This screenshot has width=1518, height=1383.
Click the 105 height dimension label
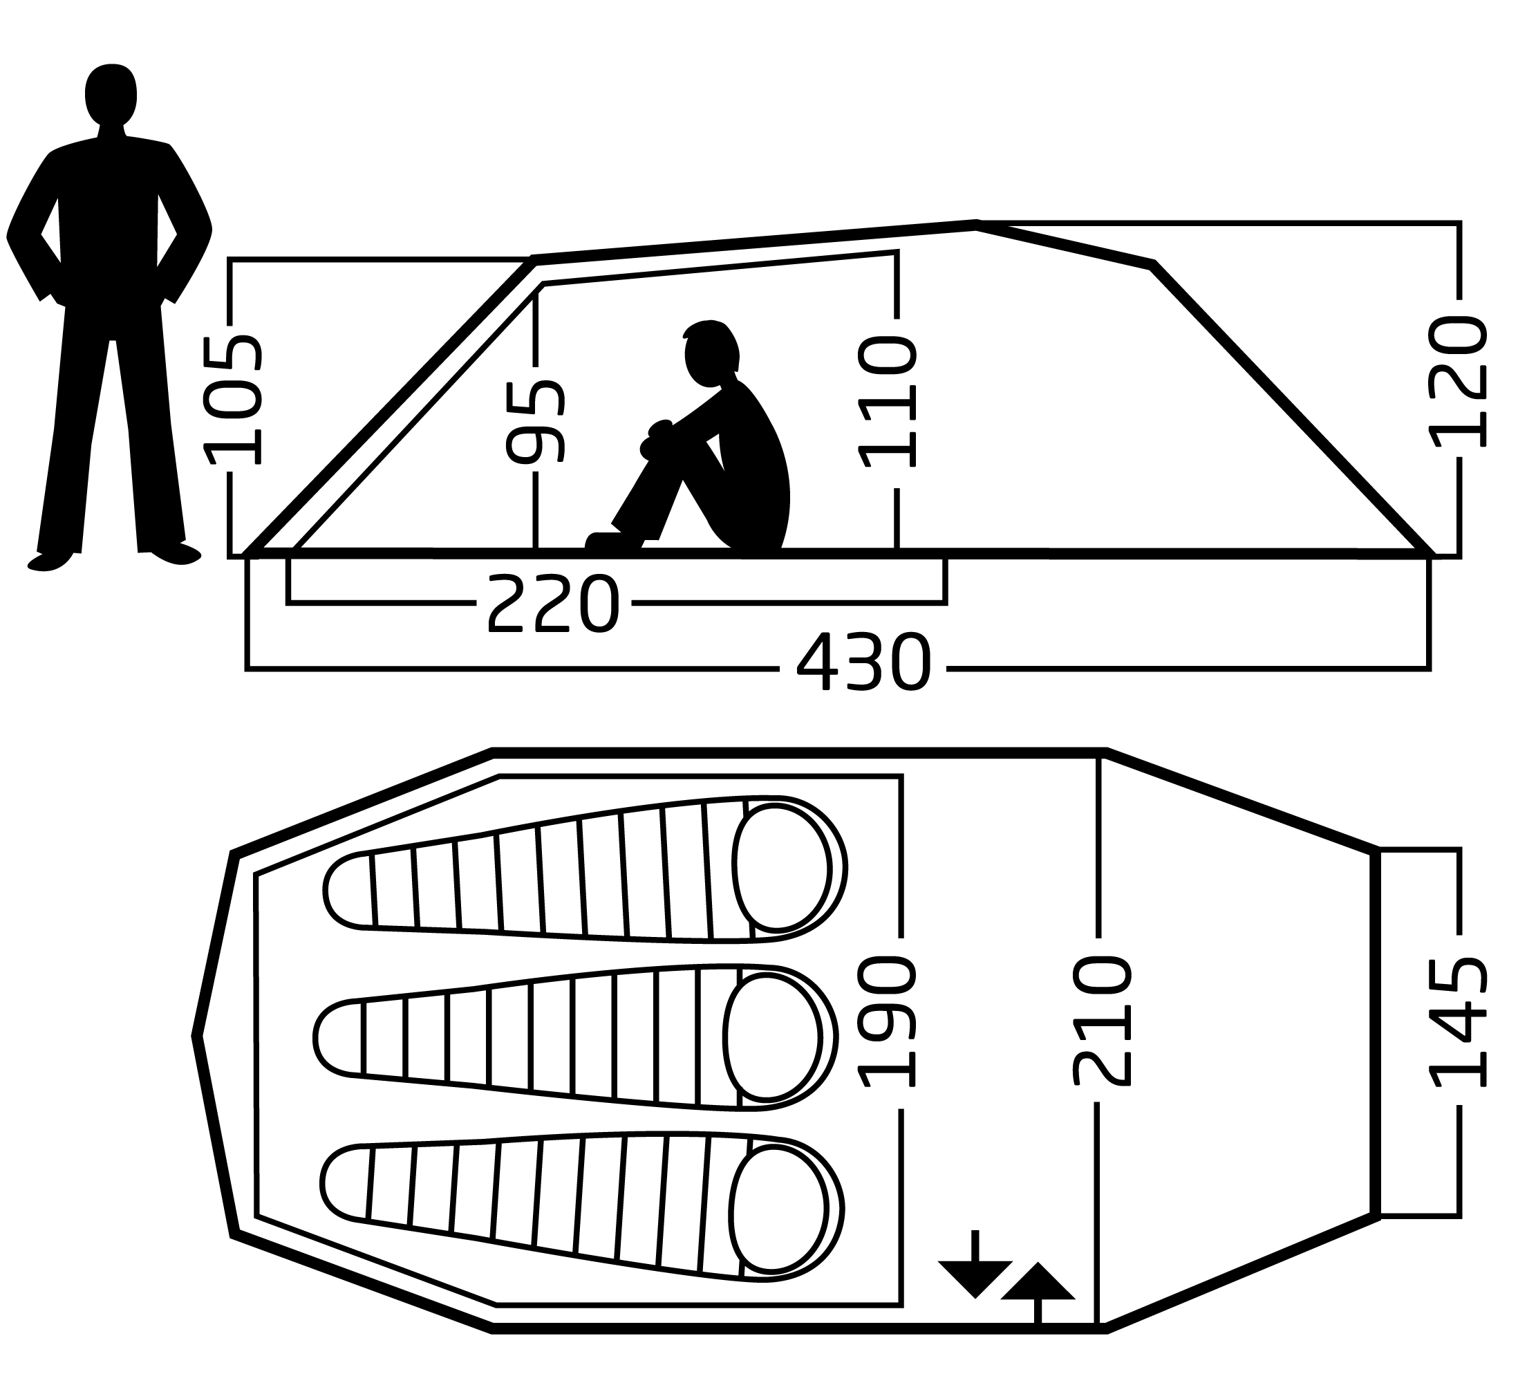pyautogui.click(x=234, y=399)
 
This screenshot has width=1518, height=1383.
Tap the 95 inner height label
pyautogui.click(x=536, y=422)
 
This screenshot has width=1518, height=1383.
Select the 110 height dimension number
pyautogui.click(x=889, y=403)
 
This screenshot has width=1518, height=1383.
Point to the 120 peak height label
pyautogui.click(x=1459, y=382)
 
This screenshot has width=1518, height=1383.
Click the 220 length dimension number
pyautogui.click(x=554, y=604)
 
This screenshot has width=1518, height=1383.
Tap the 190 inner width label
pyautogui.click(x=889, y=1022)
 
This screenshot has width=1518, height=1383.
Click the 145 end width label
pyautogui.click(x=1459, y=1022)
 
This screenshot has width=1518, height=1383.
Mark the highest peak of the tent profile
pyautogui.click(x=977, y=225)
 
